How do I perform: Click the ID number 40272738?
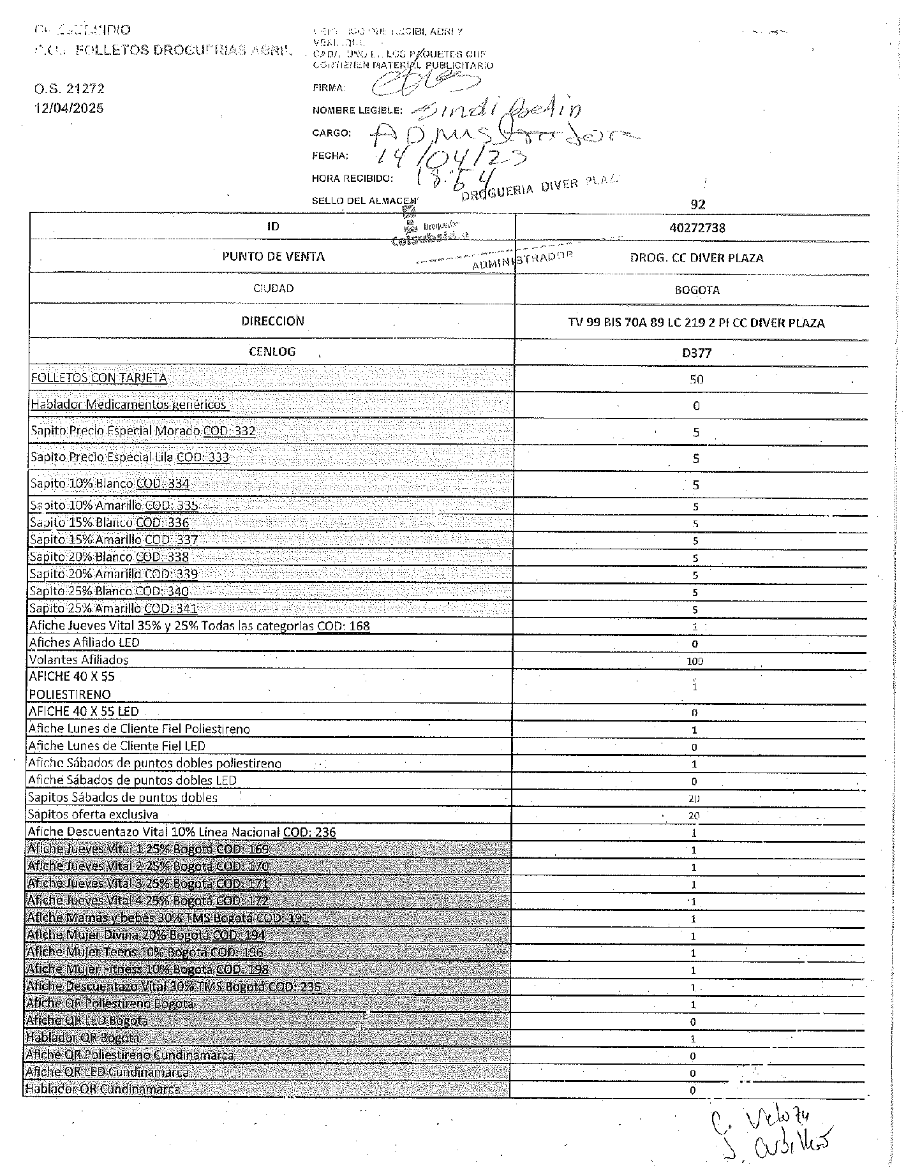tap(697, 228)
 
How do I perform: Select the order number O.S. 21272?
tap(70, 89)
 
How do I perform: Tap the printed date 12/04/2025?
tap(69, 108)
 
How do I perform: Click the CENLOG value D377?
tap(697, 353)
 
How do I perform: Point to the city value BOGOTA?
tap(697, 290)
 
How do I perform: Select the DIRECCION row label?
tap(272, 321)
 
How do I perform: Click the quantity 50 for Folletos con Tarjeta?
tap(696, 380)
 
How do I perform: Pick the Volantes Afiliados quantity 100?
tap(695, 662)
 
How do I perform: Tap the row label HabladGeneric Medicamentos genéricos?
tap(128, 404)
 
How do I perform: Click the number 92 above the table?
tap(698, 205)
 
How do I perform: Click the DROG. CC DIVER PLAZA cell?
tap(697, 258)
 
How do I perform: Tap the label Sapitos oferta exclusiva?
tap(93, 815)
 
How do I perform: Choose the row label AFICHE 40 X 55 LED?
tap(84, 711)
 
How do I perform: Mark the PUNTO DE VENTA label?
tap(273, 257)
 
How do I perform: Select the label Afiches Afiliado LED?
tap(84, 642)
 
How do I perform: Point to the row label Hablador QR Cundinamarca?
tap(102, 1089)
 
